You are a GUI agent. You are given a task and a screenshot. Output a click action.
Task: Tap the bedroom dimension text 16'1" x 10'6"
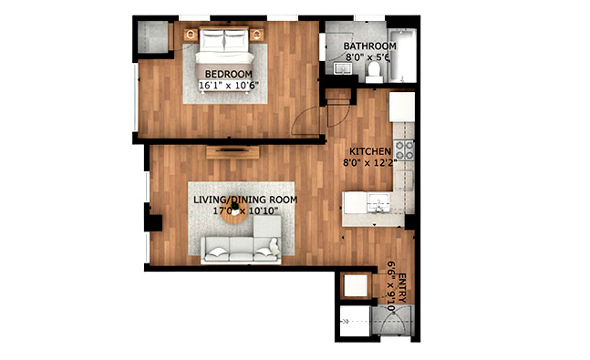[x=229, y=86]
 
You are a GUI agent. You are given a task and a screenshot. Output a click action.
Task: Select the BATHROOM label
[x=370, y=46]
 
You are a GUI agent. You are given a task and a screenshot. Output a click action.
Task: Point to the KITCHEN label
[x=370, y=151]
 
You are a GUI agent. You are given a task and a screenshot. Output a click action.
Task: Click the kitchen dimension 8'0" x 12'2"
[x=369, y=163]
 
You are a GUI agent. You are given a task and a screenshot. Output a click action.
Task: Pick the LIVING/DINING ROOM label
[x=245, y=200]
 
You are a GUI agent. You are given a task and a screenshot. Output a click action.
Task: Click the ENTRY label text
[x=402, y=288]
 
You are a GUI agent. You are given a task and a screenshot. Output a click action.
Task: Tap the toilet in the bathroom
[x=374, y=71]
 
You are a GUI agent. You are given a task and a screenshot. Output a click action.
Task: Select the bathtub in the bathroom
[x=403, y=56]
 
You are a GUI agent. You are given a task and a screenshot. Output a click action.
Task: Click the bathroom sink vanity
[x=342, y=69]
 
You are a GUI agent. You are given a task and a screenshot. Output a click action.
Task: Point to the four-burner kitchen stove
[x=404, y=150]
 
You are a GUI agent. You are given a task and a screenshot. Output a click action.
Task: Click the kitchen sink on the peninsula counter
[x=378, y=202]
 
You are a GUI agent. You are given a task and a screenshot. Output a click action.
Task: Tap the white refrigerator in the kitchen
[x=402, y=107]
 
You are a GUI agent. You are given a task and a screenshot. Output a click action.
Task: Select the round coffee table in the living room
[x=234, y=215]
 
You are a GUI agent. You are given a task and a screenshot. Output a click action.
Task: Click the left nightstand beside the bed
[x=191, y=35]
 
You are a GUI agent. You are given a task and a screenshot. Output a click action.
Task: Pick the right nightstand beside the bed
[x=256, y=35]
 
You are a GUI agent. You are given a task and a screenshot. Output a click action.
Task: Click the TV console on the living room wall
[x=233, y=152]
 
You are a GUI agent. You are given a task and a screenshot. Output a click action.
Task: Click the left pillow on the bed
[x=212, y=39]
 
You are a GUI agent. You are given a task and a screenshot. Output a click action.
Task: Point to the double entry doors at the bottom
[x=393, y=321]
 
